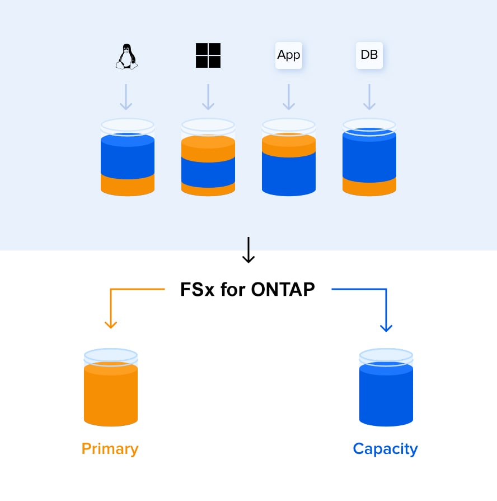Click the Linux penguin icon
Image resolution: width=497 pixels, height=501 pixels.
click(126, 56)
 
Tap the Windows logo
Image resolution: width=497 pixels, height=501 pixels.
click(208, 55)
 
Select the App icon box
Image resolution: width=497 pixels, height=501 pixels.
click(289, 55)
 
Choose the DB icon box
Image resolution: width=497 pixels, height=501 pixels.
click(369, 55)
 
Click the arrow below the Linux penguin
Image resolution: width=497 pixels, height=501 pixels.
click(126, 97)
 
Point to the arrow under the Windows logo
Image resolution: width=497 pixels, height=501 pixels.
click(208, 97)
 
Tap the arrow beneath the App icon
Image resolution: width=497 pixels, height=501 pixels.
click(289, 97)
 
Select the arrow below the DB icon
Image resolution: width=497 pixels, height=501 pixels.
click(369, 97)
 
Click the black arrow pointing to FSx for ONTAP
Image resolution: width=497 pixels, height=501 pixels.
click(248, 250)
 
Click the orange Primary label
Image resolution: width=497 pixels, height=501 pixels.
click(110, 449)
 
